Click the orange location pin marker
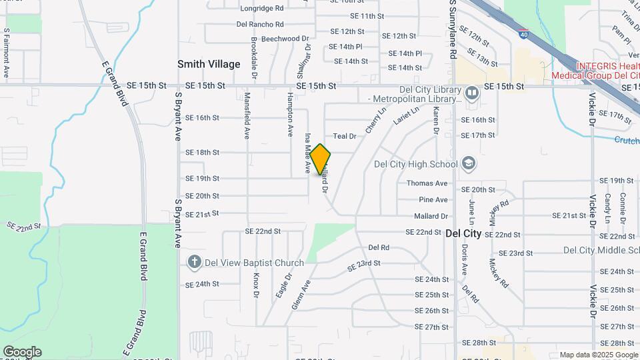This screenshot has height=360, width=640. (x=321, y=159)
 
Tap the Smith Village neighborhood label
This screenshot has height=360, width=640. (x=209, y=64)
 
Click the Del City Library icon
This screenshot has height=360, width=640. (x=472, y=92)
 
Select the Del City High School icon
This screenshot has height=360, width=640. (x=469, y=164)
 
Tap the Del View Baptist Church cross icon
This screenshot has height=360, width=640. (x=195, y=262)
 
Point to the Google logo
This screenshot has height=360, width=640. (x=22, y=352)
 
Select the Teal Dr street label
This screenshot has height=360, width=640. (x=345, y=136)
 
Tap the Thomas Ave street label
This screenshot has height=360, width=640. (x=427, y=183)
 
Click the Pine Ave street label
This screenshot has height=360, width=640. (x=433, y=199)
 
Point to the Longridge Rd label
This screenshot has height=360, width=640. (x=262, y=9)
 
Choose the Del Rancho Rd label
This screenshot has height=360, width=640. (x=260, y=24)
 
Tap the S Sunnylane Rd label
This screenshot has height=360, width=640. (x=452, y=28)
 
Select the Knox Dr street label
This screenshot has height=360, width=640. (x=256, y=285)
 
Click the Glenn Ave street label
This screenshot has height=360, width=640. (x=301, y=295)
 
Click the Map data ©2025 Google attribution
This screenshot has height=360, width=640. (x=599, y=355)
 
